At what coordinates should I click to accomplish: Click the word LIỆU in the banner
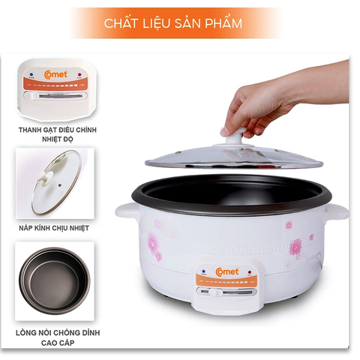click(x=161, y=23)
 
